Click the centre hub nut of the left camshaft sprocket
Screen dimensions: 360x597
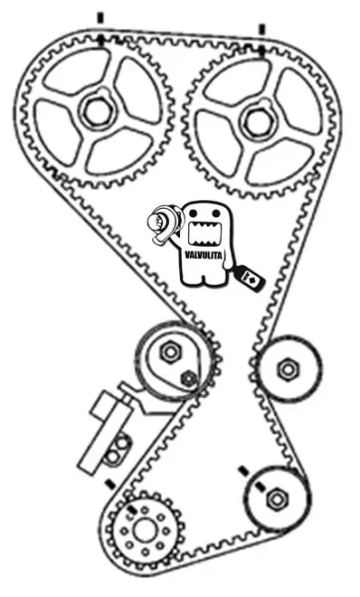tap(97, 110)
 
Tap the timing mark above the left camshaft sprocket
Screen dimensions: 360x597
tap(100, 18)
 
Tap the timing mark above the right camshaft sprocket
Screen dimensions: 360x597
tap(262, 30)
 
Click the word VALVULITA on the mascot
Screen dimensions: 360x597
tap(203, 256)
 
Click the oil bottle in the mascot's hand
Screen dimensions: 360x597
tap(250, 279)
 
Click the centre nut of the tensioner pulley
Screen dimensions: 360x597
tap(169, 352)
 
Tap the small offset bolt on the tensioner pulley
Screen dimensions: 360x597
tap(188, 378)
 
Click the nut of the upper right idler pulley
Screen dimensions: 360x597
tap(288, 369)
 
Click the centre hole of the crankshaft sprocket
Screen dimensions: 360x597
tap(145, 530)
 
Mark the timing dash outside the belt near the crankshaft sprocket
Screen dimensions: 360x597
tap(110, 484)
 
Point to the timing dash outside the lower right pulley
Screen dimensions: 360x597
tap(244, 472)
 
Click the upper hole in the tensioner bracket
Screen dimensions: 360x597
tap(122, 444)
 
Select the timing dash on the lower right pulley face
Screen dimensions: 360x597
tap(261, 488)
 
